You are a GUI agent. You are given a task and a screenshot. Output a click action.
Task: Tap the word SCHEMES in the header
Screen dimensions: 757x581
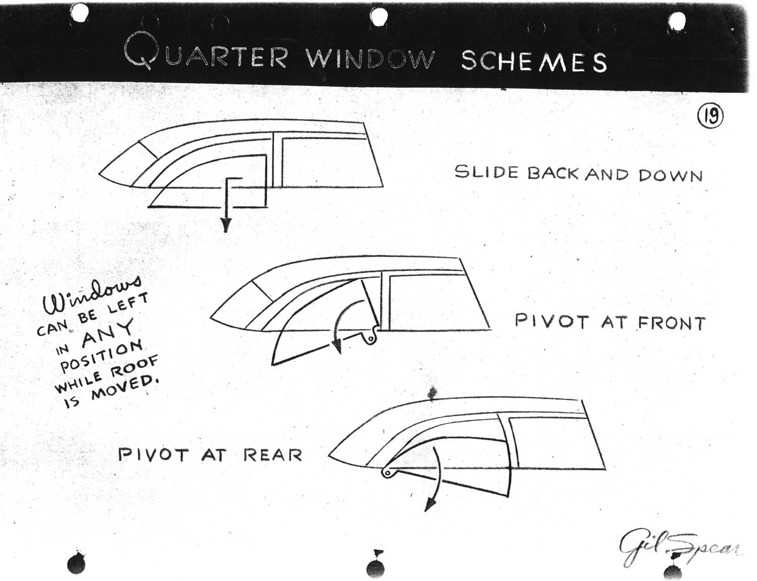tap(534, 61)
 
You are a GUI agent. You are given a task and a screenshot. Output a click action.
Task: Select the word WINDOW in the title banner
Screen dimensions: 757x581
tap(370, 58)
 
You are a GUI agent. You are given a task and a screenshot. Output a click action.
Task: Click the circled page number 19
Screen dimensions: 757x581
tap(710, 116)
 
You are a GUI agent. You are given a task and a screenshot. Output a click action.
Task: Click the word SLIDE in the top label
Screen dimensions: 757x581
tap(486, 172)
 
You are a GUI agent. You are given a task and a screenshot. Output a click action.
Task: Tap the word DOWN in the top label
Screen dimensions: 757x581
tap(670, 176)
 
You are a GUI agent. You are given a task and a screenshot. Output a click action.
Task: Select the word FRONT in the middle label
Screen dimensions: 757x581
tap(672, 324)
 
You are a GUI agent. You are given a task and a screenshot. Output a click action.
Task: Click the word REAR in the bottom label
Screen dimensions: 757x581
tap(273, 455)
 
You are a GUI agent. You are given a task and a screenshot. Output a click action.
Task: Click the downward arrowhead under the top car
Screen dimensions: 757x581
tap(226, 225)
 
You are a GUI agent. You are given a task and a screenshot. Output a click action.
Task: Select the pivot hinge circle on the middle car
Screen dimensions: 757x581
tap(371, 339)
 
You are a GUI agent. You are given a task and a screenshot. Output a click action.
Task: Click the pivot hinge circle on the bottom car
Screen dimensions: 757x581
tap(387, 473)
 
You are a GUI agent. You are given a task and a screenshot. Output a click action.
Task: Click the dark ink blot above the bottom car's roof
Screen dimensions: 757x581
tap(432, 393)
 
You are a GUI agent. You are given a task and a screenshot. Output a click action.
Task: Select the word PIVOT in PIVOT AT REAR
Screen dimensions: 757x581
tap(153, 455)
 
